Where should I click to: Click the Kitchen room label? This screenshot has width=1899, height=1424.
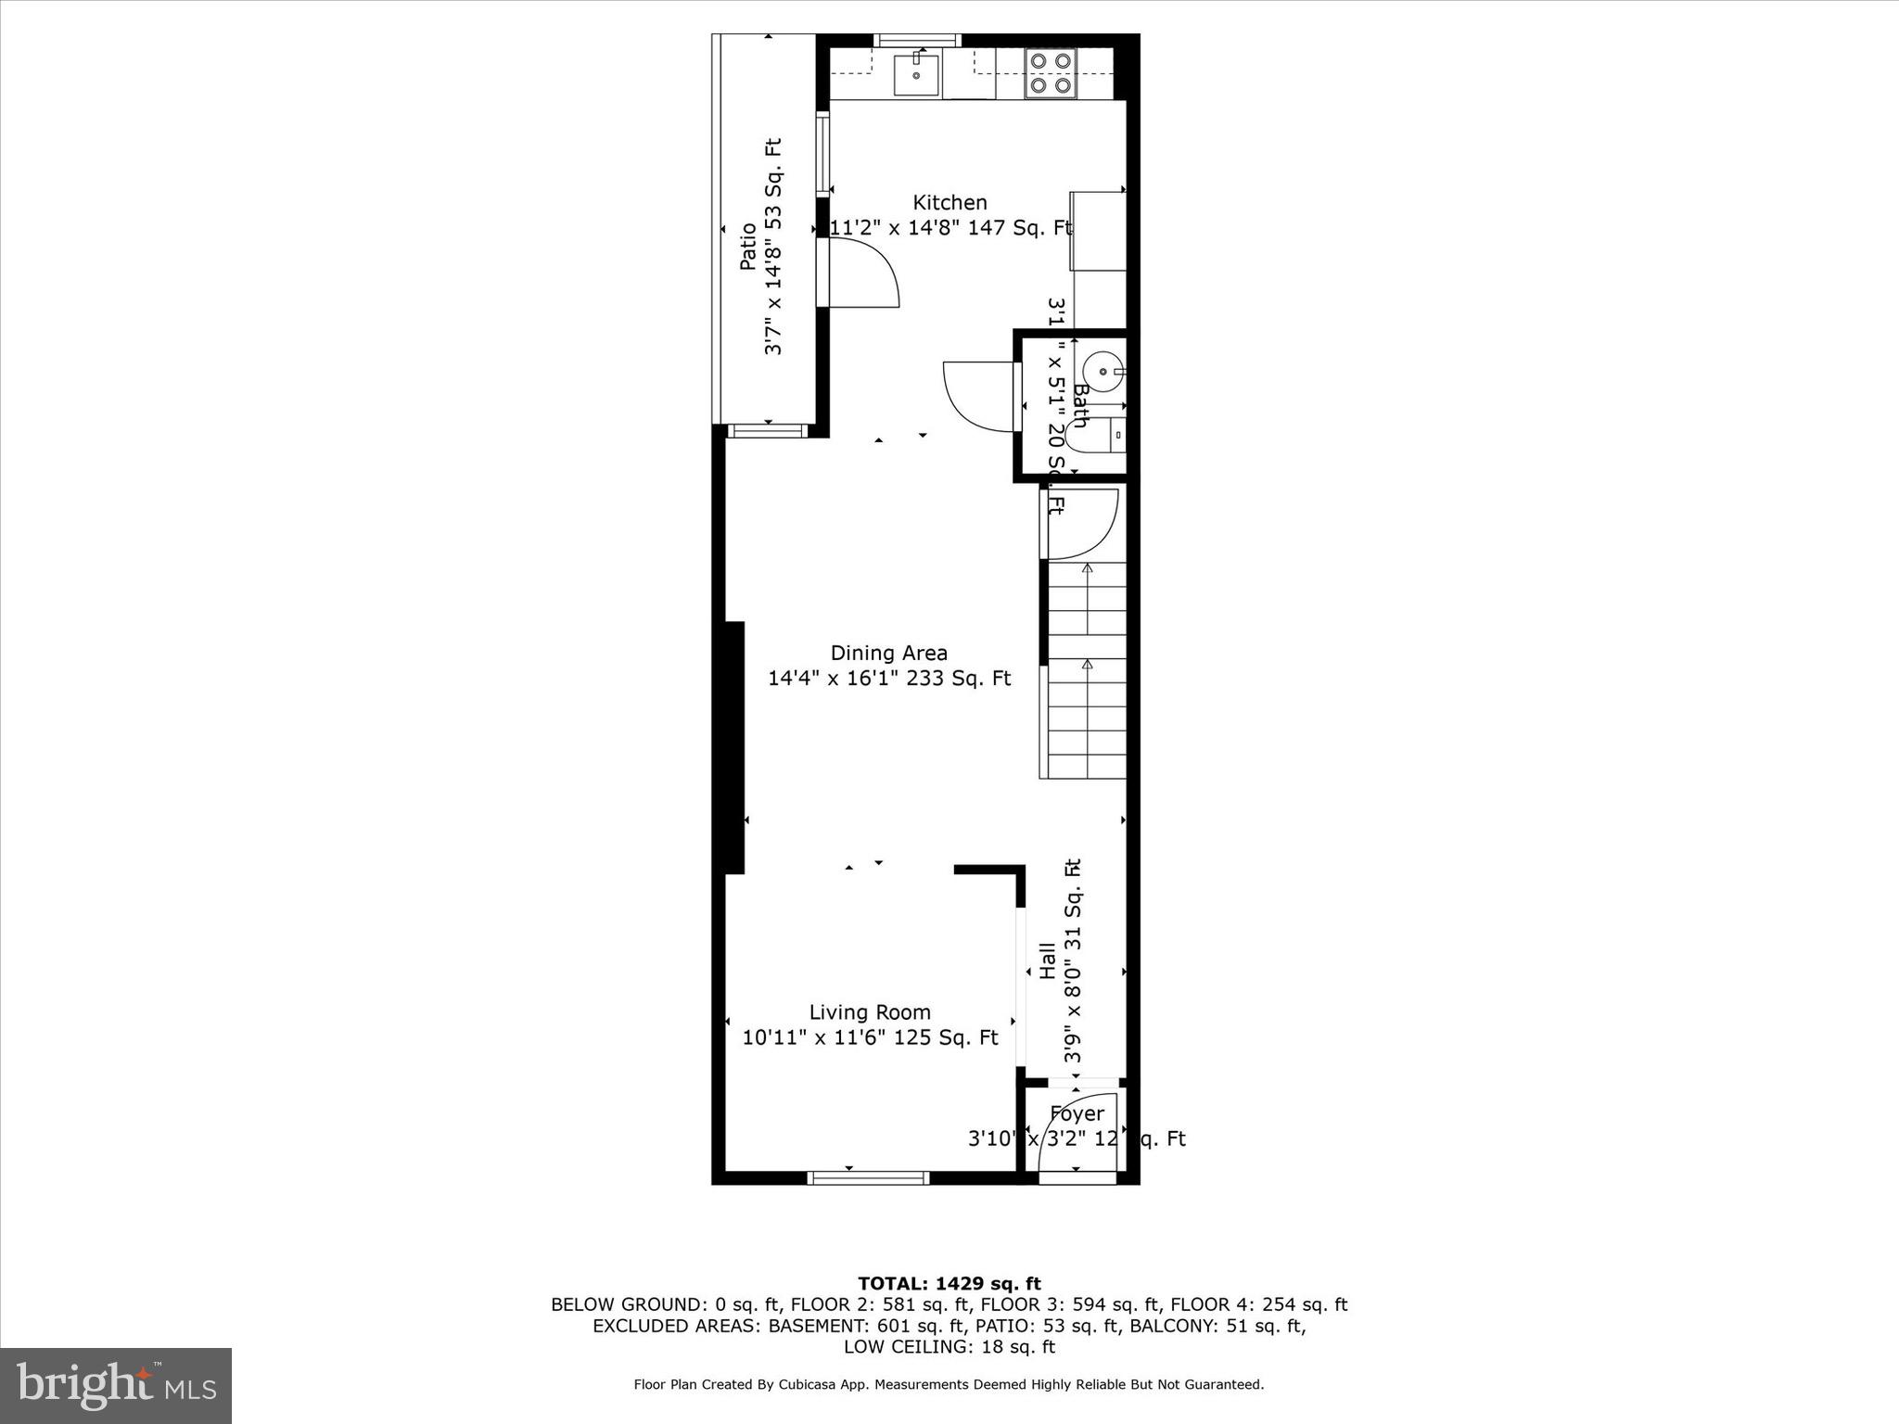click(x=949, y=202)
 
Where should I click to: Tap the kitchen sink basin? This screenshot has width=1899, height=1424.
click(x=916, y=75)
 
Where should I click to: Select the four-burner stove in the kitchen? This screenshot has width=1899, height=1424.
click(x=1051, y=73)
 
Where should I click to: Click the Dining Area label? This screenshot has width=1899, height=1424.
click(x=888, y=653)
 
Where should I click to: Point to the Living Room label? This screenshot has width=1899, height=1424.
click(x=870, y=1012)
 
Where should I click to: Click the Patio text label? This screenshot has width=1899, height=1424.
click(x=747, y=247)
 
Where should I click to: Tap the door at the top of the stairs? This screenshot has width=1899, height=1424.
click(x=1081, y=522)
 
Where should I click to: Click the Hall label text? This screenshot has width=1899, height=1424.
click(x=1047, y=960)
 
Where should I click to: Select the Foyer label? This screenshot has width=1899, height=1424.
click(x=1077, y=1113)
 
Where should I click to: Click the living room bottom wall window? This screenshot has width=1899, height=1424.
click(x=868, y=1178)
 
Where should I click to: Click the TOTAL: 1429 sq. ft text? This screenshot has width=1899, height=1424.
click(x=949, y=1283)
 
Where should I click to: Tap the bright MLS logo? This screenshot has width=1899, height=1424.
click(x=116, y=1385)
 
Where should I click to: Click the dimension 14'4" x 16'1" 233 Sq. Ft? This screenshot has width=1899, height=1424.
click(x=888, y=679)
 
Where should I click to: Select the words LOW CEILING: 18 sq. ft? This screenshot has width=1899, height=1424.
click(x=949, y=1347)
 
